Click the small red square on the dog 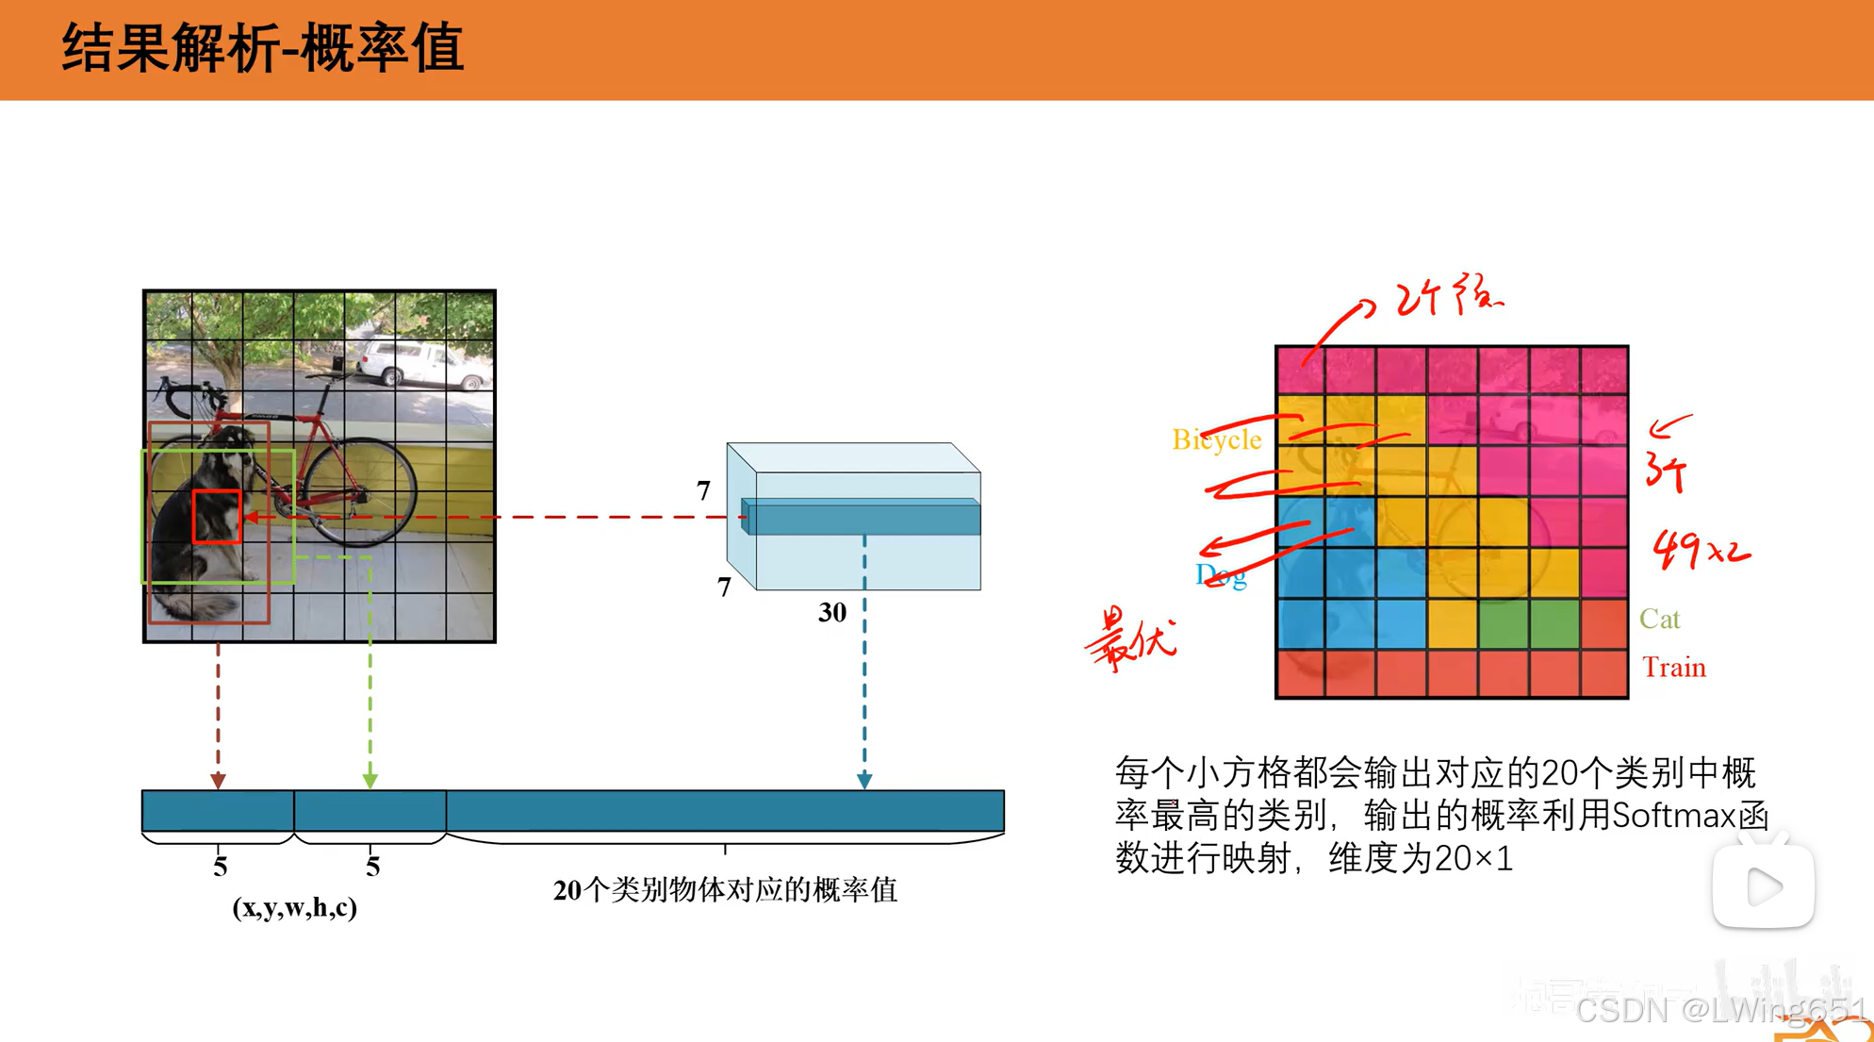[217, 516]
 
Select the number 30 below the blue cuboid [831, 613]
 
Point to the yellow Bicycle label [1216, 439]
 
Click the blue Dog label [1221, 574]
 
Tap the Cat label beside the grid [1659, 619]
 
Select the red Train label [1673, 668]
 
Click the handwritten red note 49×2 [1701, 549]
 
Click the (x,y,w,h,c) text [294, 907]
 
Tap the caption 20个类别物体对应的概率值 [724, 889]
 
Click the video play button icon [1763, 885]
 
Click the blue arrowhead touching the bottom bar [864, 781]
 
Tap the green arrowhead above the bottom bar [370, 781]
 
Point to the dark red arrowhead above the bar [218, 781]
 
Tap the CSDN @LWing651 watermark [1720, 1010]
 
